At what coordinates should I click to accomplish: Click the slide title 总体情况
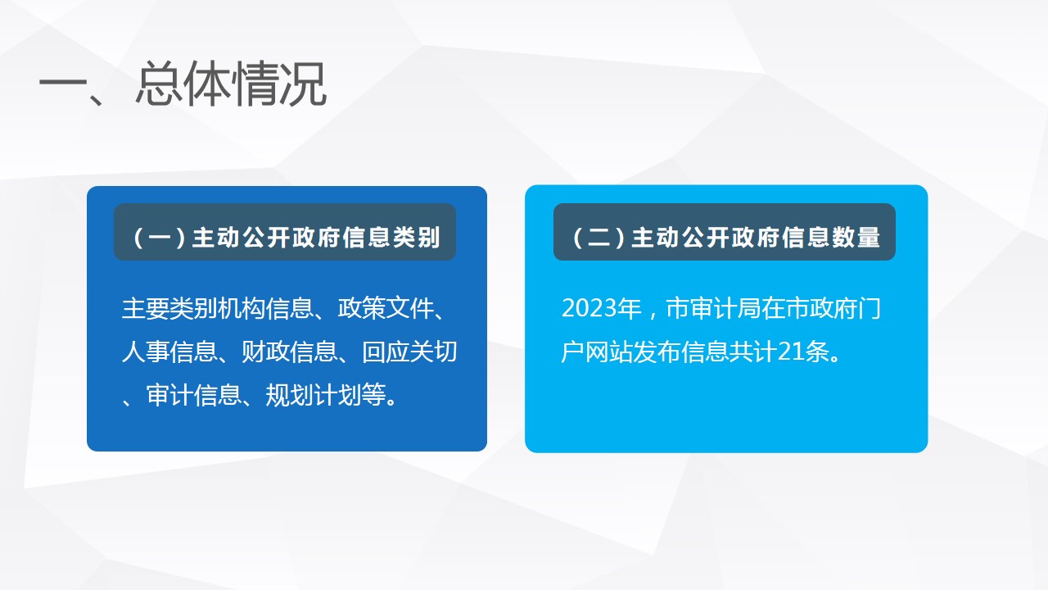231,84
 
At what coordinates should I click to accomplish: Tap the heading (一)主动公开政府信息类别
286,237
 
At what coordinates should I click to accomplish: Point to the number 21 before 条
791,352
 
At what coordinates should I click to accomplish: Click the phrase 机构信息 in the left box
265,309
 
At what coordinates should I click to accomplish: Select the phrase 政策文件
386,309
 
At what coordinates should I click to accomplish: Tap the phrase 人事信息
169,352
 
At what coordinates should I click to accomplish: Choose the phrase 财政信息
289,352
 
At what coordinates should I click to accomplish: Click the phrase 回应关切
409,352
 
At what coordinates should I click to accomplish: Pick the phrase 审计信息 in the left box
193,395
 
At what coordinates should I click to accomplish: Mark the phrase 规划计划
313,395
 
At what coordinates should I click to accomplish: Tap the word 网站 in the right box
609,352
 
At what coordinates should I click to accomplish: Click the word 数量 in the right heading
856,237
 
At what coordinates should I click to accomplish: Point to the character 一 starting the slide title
63,84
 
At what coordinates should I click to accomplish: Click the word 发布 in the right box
657,352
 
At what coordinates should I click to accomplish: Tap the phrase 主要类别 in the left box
169,309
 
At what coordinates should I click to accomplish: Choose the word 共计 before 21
753,352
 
